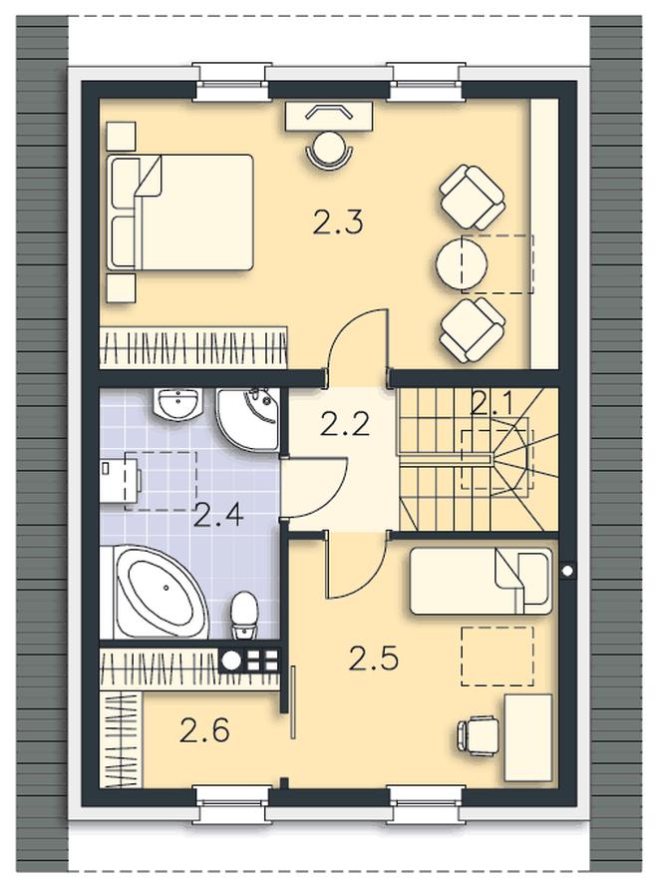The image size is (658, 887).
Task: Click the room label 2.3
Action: [x=337, y=222]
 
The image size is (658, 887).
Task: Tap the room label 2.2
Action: [x=345, y=424]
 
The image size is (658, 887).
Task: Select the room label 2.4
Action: [x=218, y=516]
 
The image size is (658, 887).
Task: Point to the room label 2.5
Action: [x=374, y=658]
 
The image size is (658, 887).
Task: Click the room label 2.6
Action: [x=204, y=729]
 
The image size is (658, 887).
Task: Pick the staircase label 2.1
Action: [x=491, y=404]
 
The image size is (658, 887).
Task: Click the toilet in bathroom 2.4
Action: [x=244, y=615]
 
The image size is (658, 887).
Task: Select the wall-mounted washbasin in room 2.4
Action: [x=177, y=404]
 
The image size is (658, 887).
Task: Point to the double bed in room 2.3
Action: [x=179, y=212]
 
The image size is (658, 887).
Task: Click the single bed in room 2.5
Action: [x=481, y=581]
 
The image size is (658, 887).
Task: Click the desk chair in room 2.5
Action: [x=478, y=734]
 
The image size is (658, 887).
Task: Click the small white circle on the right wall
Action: [x=567, y=571]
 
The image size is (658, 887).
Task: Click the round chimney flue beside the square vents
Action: [x=231, y=660]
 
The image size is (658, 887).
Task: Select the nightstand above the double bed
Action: [x=121, y=136]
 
